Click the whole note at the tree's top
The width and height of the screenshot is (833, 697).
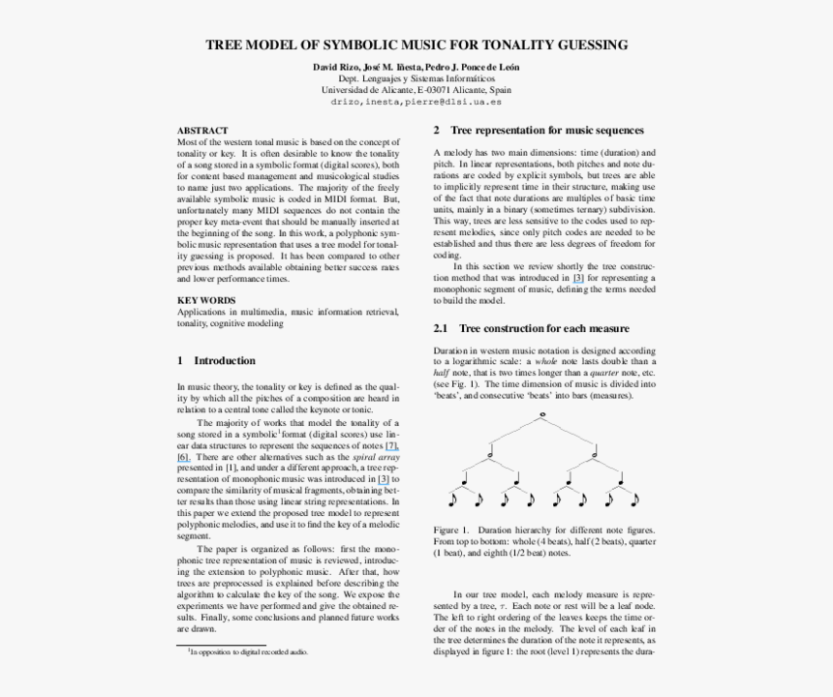(x=543, y=415)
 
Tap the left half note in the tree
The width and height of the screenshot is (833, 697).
(x=491, y=449)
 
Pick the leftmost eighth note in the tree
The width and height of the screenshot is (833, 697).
(x=452, y=500)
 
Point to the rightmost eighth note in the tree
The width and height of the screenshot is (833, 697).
(x=634, y=500)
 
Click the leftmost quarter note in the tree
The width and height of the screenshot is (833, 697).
(x=466, y=476)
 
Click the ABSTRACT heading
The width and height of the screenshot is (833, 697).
(x=202, y=130)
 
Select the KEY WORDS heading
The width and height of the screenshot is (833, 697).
(x=206, y=300)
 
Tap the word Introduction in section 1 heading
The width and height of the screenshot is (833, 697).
(x=225, y=361)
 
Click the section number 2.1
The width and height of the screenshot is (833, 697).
(x=441, y=329)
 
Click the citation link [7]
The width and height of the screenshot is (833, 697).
(x=391, y=445)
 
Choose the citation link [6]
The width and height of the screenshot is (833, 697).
(x=183, y=456)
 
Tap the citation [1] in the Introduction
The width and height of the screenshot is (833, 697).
(x=231, y=468)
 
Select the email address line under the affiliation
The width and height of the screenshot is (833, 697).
(x=416, y=101)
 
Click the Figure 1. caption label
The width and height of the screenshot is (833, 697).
(x=451, y=530)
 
